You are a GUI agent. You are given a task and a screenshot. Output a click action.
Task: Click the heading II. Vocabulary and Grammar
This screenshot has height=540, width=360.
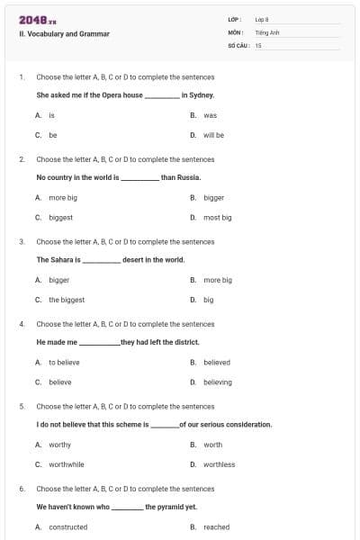[64, 34]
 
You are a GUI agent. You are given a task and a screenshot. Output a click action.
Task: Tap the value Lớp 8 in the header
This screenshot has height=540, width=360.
[262, 18]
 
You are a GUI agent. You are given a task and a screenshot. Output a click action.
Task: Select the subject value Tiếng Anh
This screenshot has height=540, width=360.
[266, 31]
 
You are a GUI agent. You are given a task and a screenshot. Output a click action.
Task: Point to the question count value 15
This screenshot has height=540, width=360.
[258, 44]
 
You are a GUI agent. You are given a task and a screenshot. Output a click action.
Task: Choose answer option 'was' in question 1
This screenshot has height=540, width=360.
[210, 115]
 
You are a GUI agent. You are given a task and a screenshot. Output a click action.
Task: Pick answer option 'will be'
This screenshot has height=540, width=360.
[213, 135]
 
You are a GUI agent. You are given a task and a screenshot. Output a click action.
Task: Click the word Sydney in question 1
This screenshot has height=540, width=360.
[202, 94]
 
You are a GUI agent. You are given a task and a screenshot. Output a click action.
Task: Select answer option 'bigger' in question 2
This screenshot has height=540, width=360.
[213, 197]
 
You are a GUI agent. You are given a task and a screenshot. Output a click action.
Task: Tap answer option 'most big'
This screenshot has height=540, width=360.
[217, 217]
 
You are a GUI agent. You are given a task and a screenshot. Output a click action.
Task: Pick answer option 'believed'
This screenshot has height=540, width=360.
[216, 362]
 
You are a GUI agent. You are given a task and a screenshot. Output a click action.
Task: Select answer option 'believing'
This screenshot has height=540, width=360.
[217, 382]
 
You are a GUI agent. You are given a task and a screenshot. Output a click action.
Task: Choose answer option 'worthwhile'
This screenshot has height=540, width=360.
[67, 464]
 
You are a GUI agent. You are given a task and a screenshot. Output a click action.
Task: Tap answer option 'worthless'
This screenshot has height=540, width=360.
[219, 464]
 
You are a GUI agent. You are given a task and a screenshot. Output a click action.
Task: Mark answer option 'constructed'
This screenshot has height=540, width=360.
[67, 526]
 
